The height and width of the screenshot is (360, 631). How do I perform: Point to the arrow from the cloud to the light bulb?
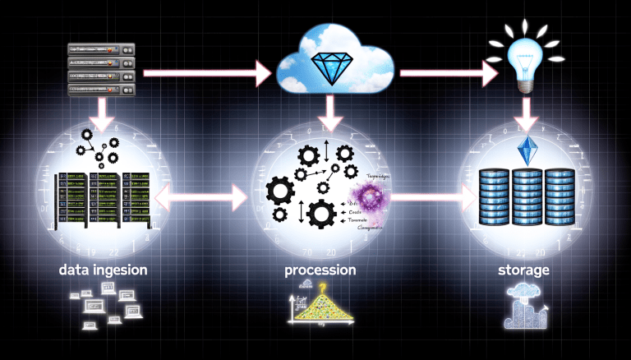448,74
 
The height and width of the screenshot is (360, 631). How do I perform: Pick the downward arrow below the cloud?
330,112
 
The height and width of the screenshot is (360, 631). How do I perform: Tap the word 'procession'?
320,270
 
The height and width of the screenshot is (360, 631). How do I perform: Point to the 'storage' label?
523,270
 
